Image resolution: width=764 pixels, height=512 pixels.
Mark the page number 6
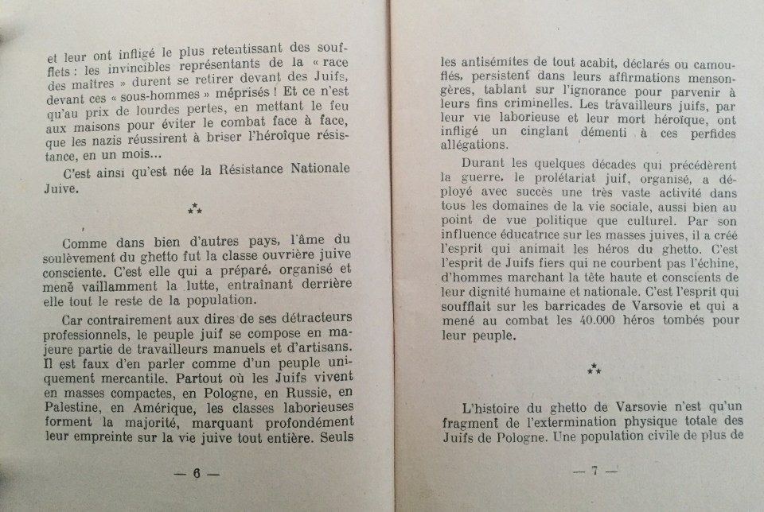[196, 473]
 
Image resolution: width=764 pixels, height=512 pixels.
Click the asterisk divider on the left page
[194, 210]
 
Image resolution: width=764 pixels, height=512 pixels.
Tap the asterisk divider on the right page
[594, 368]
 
